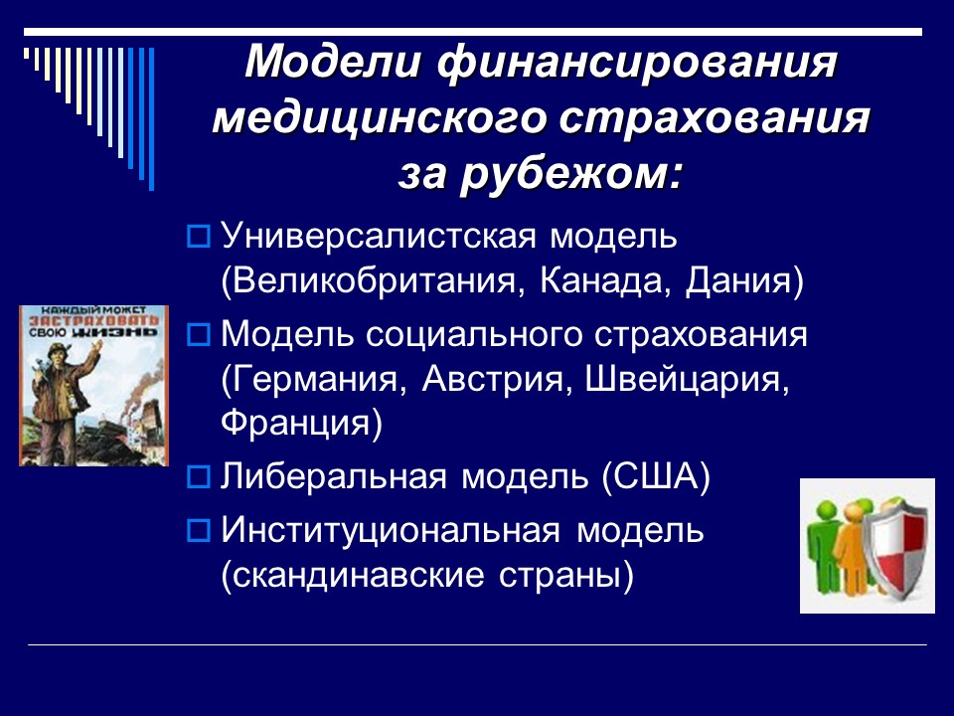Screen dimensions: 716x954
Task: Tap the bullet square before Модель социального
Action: (197, 334)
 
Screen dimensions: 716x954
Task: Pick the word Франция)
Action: (301, 423)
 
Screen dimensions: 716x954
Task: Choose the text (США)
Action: (656, 476)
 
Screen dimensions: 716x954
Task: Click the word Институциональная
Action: (391, 530)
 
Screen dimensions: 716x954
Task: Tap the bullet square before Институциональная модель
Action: (197, 531)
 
